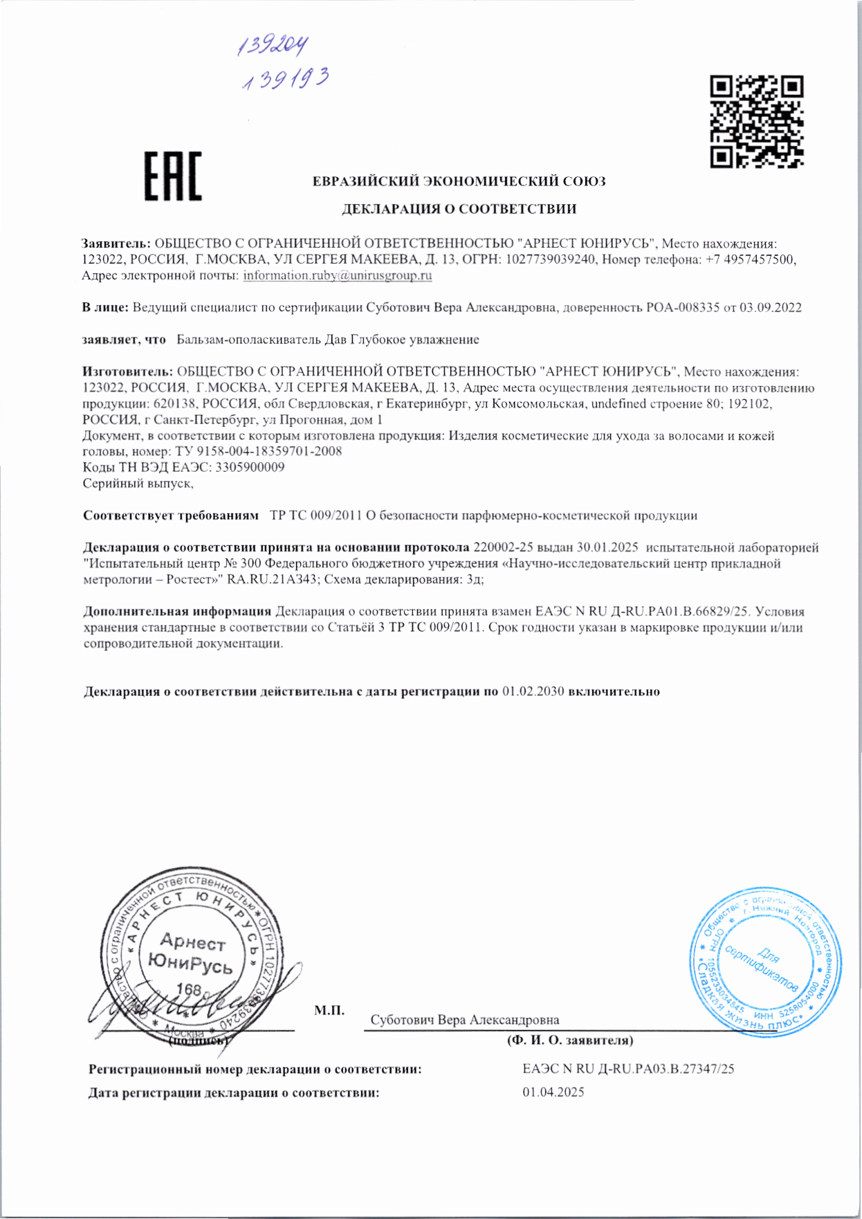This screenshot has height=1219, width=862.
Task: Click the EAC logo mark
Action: coord(173,176)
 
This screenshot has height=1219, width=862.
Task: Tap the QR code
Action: coord(756,122)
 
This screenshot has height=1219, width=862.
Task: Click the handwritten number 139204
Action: coord(273,46)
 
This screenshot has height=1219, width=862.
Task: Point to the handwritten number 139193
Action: coord(285,80)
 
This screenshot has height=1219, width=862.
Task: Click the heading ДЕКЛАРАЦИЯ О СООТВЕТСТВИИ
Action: coord(459,209)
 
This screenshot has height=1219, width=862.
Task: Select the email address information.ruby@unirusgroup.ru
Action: coord(338,275)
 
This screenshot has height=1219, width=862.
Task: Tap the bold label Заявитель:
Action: coord(116,244)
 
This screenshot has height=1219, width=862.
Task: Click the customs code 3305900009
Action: coord(250,467)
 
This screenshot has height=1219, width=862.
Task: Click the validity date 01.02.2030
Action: coord(533,691)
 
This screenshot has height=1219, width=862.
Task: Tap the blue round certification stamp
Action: coord(766,960)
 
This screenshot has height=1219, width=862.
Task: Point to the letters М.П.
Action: coord(329,1011)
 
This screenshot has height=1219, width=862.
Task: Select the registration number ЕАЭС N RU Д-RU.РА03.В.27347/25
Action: coord(628,1069)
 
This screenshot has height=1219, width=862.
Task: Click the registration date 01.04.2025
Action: coord(553,1092)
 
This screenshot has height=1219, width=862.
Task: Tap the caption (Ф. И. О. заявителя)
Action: coord(570,1041)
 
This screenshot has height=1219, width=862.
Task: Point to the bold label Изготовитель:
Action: coord(128,372)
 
